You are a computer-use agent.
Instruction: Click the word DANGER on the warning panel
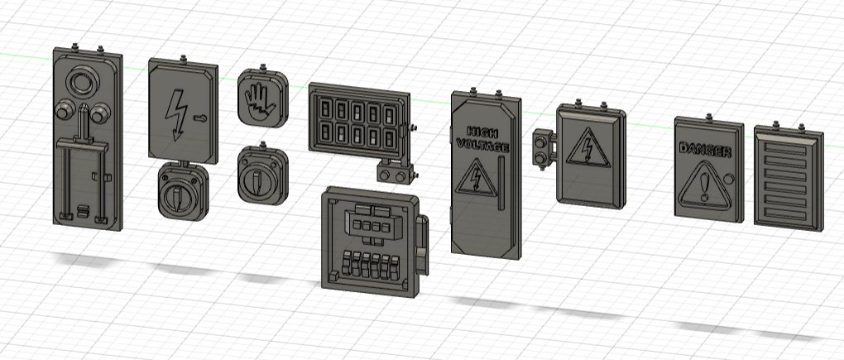pos(704,151)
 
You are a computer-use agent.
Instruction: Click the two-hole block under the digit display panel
pos(396,172)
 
